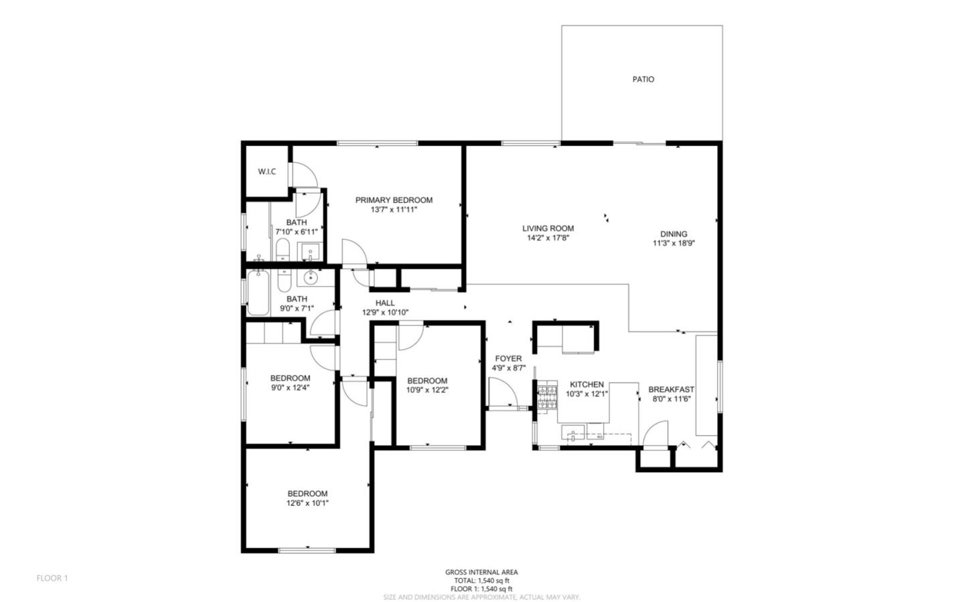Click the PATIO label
point(643,79)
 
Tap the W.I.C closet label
point(267,172)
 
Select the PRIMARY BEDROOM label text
point(394,200)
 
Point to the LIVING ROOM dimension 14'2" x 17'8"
point(548,238)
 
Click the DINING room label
point(673,234)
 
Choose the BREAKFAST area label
point(671,389)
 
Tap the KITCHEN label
point(586,384)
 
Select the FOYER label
point(508,358)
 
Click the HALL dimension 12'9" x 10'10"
point(385,312)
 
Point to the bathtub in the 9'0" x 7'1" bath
point(258,293)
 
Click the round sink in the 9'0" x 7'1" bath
point(311,277)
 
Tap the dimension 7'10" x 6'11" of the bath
point(296,232)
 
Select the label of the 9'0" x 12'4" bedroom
point(290,378)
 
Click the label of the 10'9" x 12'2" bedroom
point(426,381)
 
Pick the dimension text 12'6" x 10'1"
point(308,503)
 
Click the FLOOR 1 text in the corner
point(52,578)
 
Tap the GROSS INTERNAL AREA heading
point(481,572)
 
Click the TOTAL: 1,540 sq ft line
point(481,581)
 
